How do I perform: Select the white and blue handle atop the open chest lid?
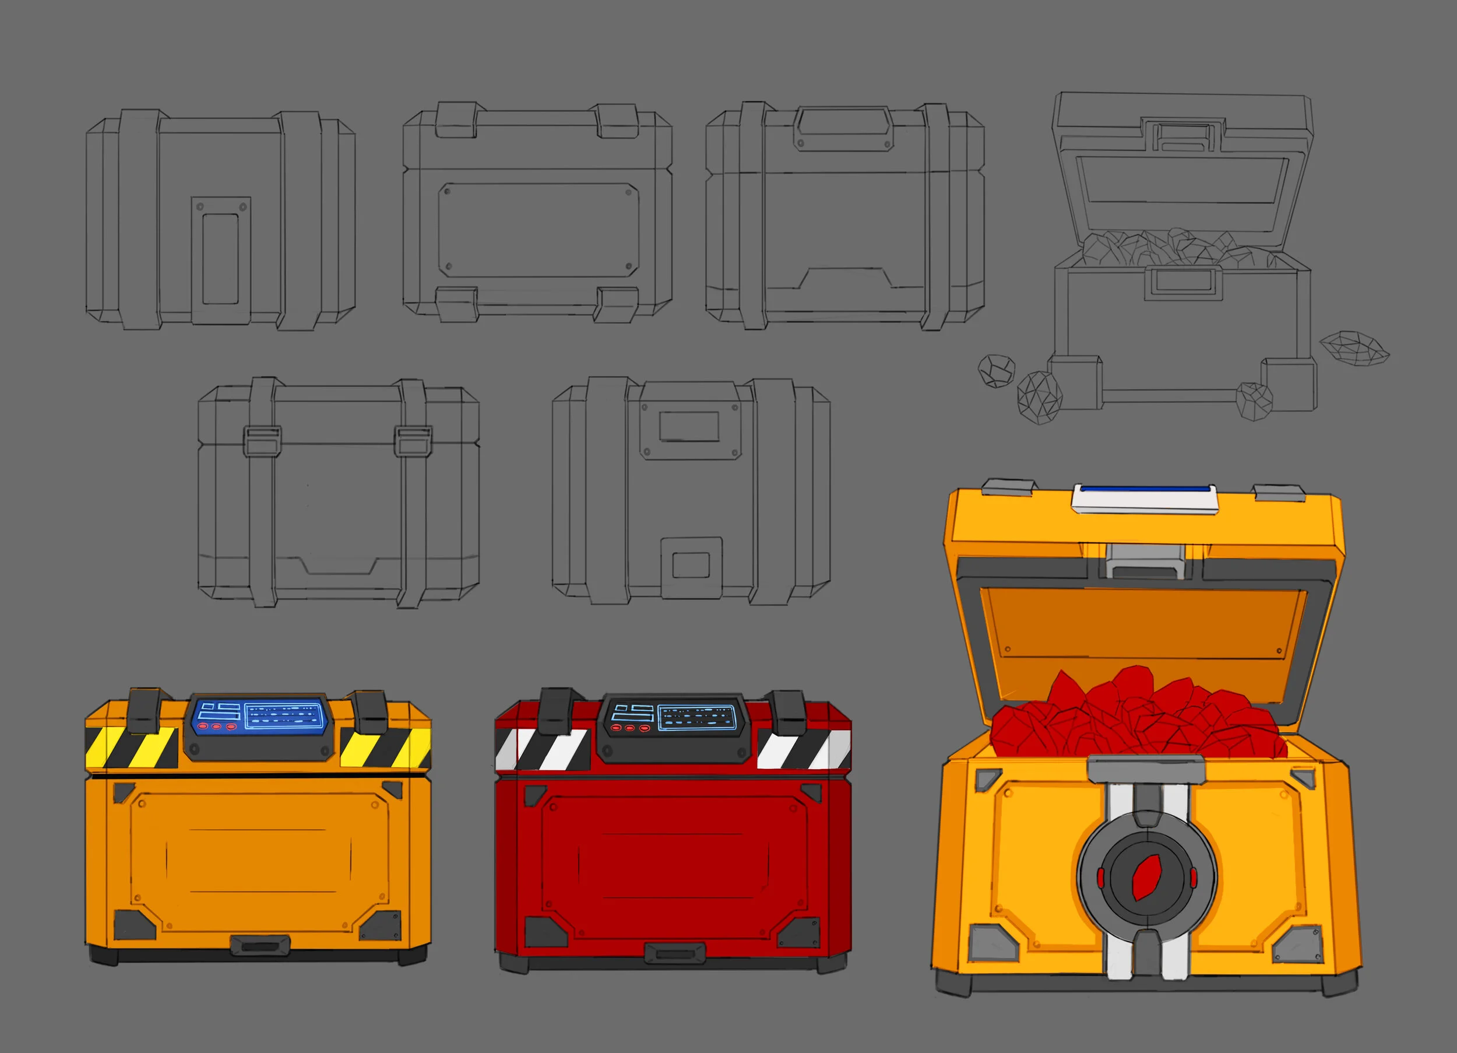pyautogui.click(x=1145, y=499)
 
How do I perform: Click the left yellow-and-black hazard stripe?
pyautogui.click(x=132, y=747)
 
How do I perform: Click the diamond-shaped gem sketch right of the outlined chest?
pyautogui.click(x=1354, y=349)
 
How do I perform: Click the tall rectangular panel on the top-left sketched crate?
pyautogui.click(x=220, y=259)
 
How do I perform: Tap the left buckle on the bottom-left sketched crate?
pyautogui.click(x=262, y=440)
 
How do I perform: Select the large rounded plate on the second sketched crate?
pyautogui.click(x=539, y=230)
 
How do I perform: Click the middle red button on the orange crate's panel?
pyautogui.click(x=216, y=727)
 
